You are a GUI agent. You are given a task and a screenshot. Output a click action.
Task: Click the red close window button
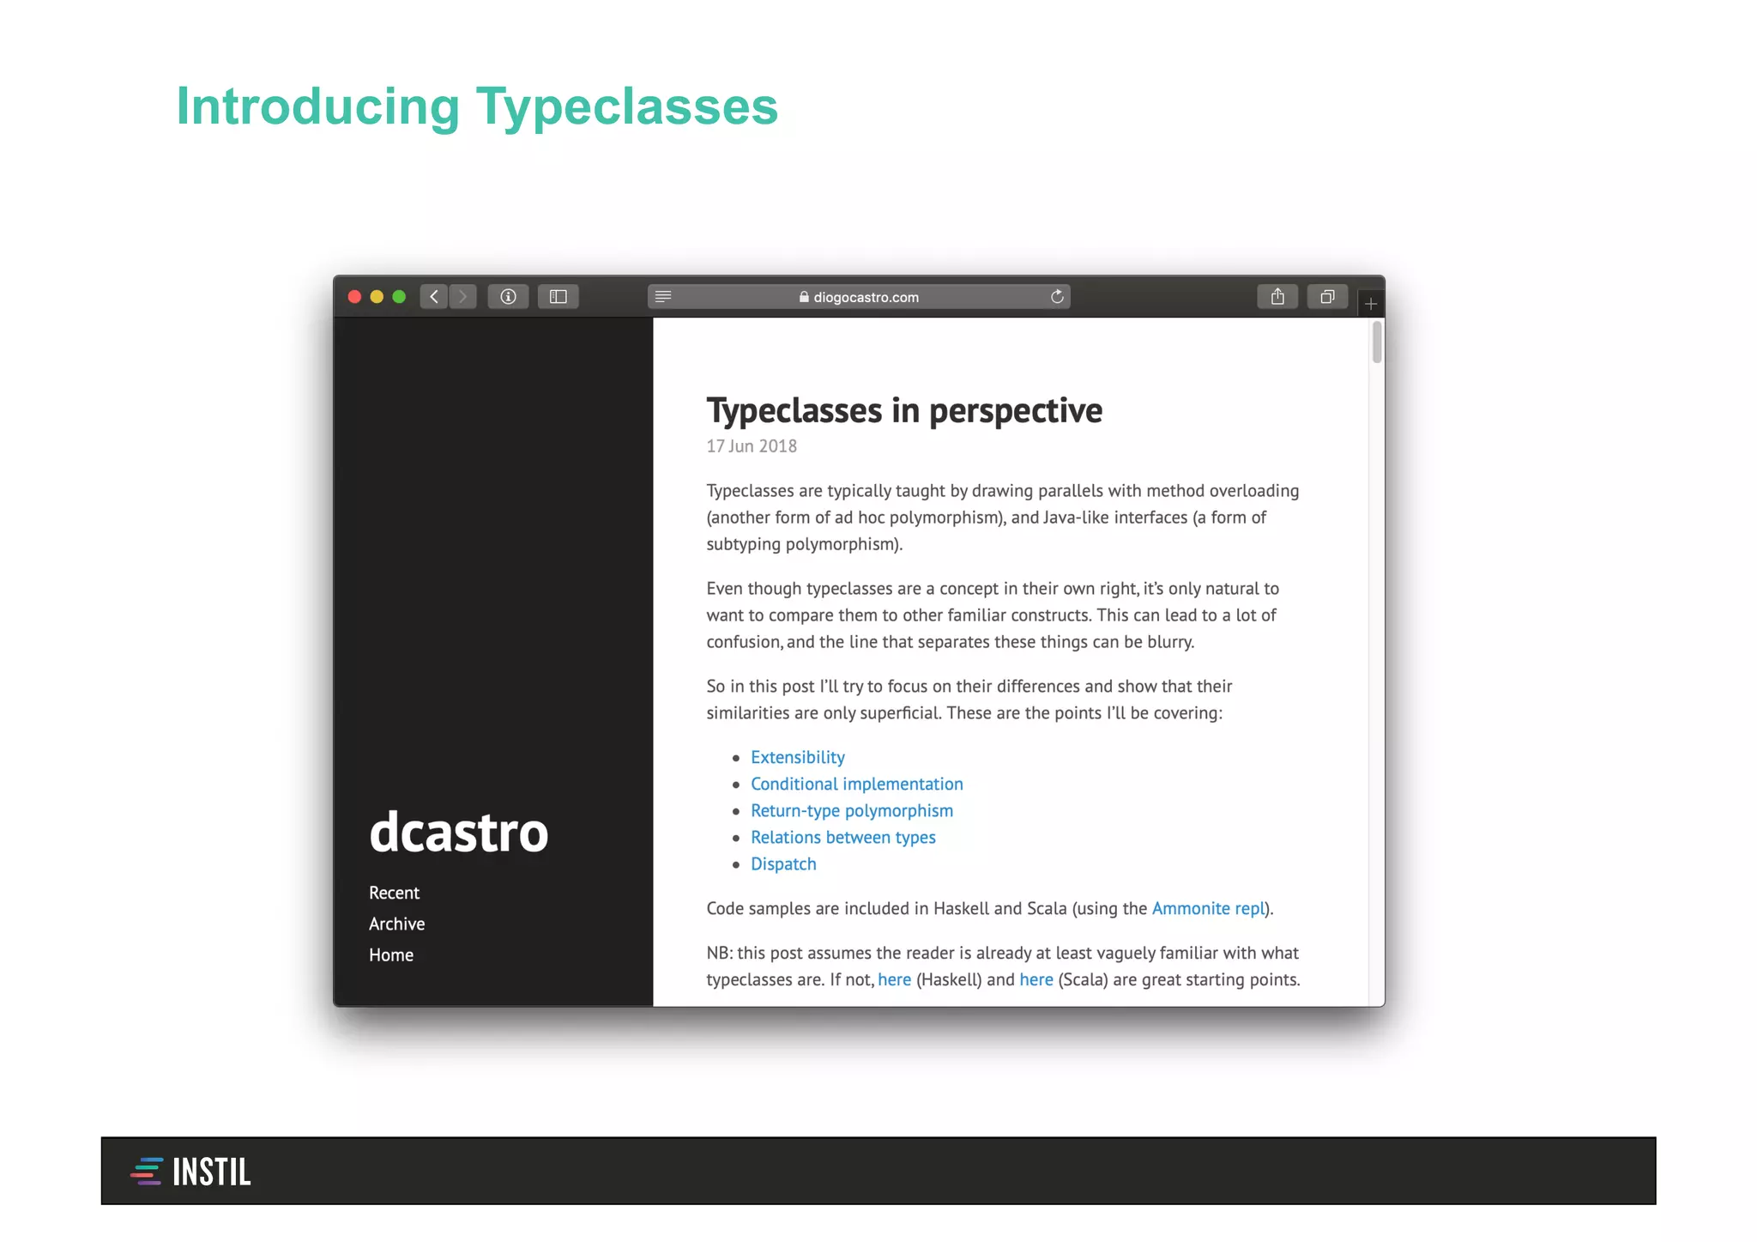[354, 297]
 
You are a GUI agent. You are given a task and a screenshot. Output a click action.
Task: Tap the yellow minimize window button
[377, 297]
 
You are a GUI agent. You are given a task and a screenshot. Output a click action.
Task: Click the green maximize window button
[399, 297]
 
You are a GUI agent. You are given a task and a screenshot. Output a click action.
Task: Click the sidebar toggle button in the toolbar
[558, 297]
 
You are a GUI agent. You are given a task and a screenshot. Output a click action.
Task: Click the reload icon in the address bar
[1057, 297]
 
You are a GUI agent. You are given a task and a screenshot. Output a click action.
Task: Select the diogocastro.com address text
[865, 298]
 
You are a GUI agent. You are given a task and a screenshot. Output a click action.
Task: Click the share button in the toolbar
[1277, 297]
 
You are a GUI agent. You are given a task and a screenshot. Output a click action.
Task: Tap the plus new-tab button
[1370, 304]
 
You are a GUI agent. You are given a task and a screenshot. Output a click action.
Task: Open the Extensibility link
[797, 757]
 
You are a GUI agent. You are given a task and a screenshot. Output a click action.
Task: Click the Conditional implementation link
[856, 784]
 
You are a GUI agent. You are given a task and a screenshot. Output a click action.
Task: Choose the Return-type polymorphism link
[851, 810]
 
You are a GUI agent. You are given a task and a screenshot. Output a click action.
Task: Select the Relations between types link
[842, 837]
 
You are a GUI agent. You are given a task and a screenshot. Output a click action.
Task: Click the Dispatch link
[783, 863]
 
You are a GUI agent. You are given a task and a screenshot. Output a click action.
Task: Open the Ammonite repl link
[1208, 908]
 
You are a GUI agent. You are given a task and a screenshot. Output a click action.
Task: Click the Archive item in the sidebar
[396, 924]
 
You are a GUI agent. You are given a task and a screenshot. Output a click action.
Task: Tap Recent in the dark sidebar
[394, 893]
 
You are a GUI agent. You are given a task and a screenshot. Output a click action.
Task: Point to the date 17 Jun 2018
[752, 446]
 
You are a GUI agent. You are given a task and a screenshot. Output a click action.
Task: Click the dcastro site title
[458, 832]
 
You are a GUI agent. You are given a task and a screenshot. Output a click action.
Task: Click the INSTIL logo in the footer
[191, 1172]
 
